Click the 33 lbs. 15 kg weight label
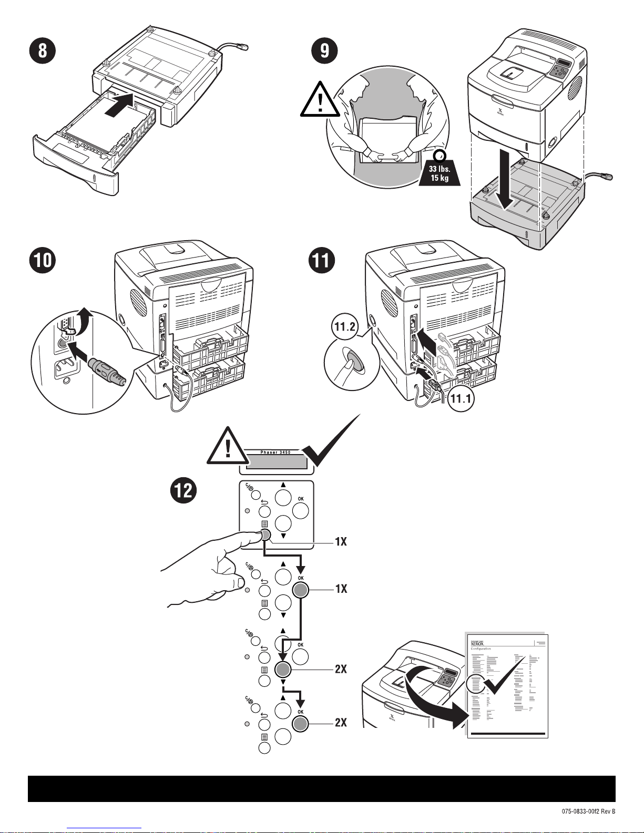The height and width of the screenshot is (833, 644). tap(439, 173)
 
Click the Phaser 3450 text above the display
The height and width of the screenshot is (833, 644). tap(275, 452)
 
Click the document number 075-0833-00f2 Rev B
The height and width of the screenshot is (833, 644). tap(588, 811)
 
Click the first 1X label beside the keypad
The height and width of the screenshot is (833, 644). tap(341, 541)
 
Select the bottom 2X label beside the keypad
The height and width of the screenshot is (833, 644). tap(341, 723)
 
